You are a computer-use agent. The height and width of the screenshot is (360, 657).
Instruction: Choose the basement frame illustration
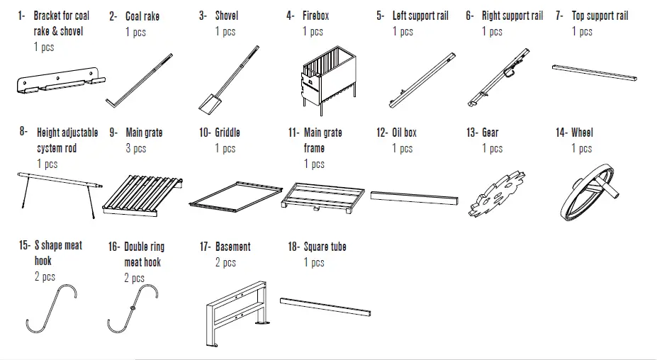point(234,312)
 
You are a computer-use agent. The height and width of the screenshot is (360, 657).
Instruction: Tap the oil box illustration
point(411,196)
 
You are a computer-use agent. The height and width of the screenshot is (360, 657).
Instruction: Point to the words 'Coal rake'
point(142,16)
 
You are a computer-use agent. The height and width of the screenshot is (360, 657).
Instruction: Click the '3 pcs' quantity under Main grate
point(136,148)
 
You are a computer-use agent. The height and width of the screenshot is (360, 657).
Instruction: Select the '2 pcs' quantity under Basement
point(226,262)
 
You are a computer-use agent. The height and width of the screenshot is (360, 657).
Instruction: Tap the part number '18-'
point(293,247)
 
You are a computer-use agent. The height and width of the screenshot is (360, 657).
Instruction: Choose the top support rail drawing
point(597,72)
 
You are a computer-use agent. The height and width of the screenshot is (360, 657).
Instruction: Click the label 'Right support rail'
point(512,15)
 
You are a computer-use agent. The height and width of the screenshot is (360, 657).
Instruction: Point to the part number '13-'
point(472,132)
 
